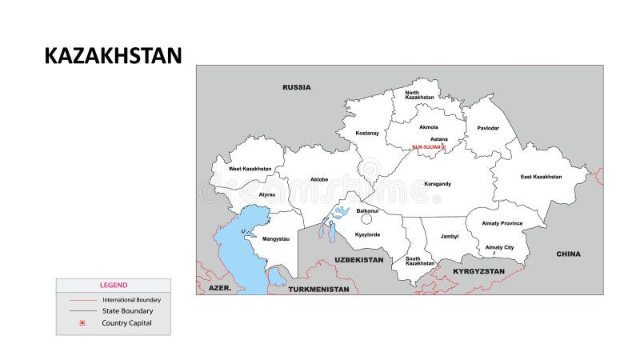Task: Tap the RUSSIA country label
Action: point(296,87)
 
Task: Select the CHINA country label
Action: point(568,254)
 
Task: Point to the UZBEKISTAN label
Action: point(358,260)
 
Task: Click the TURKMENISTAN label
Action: point(319,289)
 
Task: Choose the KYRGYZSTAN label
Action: point(478,271)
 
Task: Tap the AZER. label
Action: point(219,286)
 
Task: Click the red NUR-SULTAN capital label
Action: point(427,147)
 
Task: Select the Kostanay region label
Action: point(366,133)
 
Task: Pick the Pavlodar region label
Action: point(488,128)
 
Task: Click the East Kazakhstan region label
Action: point(541,177)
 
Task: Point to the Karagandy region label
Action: point(438,184)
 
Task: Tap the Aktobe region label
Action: point(319,179)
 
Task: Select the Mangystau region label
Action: point(276,238)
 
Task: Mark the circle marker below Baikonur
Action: point(366,218)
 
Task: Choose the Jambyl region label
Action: point(449,237)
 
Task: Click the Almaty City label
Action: point(499,247)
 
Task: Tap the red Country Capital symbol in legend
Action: point(82,323)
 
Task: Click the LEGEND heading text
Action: point(113,285)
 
